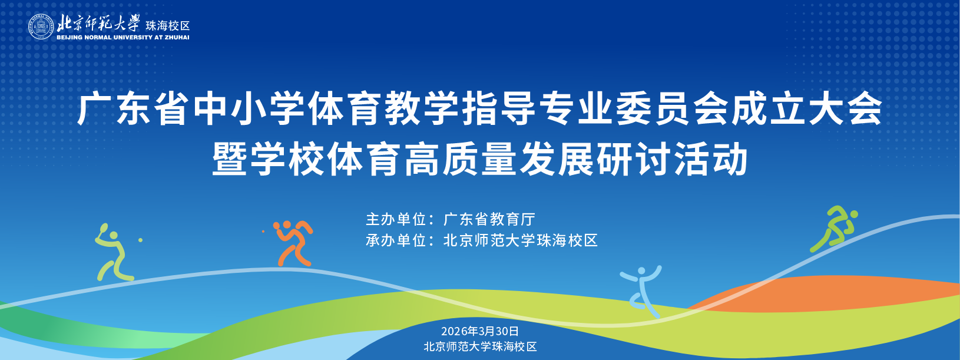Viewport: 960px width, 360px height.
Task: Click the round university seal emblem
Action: click(x=41, y=27)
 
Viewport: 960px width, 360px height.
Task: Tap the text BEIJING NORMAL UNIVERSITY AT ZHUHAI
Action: click(x=123, y=38)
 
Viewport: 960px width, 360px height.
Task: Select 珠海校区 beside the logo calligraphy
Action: click(x=168, y=25)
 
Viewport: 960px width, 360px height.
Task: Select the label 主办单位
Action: click(x=396, y=220)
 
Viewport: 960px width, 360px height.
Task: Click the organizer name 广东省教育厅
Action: click(x=489, y=220)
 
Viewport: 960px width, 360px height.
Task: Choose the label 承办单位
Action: click(x=396, y=240)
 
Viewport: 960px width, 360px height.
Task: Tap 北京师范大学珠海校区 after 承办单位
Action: click(x=521, y=240)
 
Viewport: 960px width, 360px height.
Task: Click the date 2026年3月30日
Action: click(x=480, y=332)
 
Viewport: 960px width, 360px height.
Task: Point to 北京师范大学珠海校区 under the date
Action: click(x=480, y=346)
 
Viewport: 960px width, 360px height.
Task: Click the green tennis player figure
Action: click(x=114, y=253)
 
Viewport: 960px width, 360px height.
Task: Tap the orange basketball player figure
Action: click(x=293, y=243)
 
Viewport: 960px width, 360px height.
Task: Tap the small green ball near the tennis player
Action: click(x=140, y=240)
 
